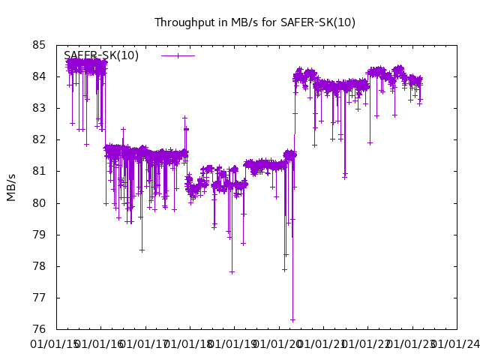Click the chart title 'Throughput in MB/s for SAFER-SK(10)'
[255, 22]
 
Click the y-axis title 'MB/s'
[11, 187]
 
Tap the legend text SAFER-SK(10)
[101, 55]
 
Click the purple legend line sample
[178, 55]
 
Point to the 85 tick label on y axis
[40, 45]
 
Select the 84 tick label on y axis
[40, 76]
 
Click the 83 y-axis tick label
[40, 108]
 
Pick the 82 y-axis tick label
[40, 139]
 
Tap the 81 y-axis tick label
[40, 171]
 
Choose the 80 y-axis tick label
[40, 203]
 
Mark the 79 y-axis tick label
[40, 235]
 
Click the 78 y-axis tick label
[40, 266]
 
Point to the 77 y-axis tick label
[40, 298]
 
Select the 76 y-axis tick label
[40, 329]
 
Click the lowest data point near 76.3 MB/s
[292, 319]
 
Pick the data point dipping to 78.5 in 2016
[142, 250]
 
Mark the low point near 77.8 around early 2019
[232, 271]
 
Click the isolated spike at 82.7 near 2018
[184, 118]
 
